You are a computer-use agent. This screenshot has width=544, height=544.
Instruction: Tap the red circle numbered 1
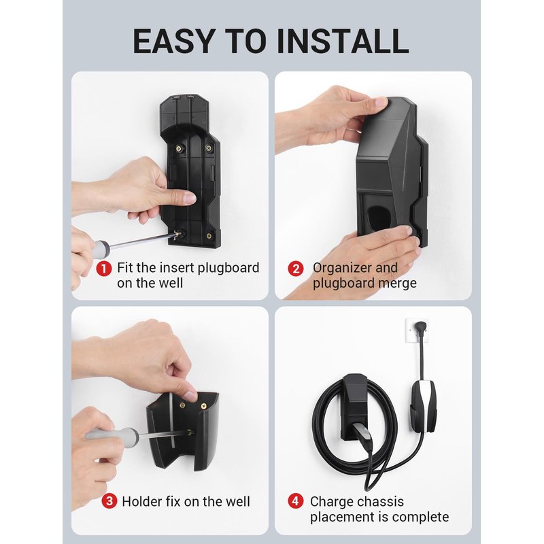tap(104, 269)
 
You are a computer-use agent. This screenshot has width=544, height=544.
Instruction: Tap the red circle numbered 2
tap(296, 269)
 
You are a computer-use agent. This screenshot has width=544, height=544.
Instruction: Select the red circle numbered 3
tap(109, 501)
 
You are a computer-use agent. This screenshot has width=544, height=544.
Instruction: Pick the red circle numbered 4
tap(296, 501)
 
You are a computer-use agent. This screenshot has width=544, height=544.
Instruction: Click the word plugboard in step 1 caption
tap(228, 268)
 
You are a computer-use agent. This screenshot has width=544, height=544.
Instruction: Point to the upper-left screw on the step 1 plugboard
tap(180, 148)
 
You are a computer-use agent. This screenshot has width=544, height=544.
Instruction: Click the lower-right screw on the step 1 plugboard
tap(209, 236)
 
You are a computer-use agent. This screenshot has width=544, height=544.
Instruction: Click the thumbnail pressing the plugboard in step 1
tap(189, 199)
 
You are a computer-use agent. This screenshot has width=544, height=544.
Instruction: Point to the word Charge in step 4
tap(331, 502)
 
